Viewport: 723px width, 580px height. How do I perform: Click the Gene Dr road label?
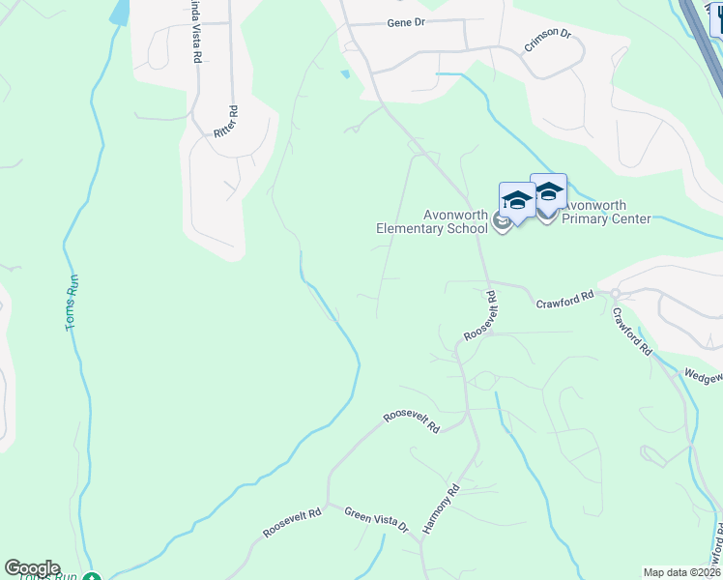click(x=406, y=22)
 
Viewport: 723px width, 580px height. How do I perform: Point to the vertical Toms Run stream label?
click(x=72, y=304)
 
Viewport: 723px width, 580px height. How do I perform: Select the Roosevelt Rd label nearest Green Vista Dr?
click(x=291, y=526)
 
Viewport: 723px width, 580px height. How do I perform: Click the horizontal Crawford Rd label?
click(x=564, y=301)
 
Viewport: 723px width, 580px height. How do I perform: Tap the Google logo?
click(x=32, y=568)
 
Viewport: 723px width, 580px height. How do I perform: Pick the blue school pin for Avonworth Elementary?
click(x=516, y=200)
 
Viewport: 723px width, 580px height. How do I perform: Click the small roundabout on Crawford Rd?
click(x=615, y=293)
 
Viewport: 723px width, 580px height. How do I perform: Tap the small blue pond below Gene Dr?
click(x=345, y=73)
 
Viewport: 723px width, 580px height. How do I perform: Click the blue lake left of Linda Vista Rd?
click(x=120, y=12)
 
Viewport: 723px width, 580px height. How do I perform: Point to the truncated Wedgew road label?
click(x=703, y=373)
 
